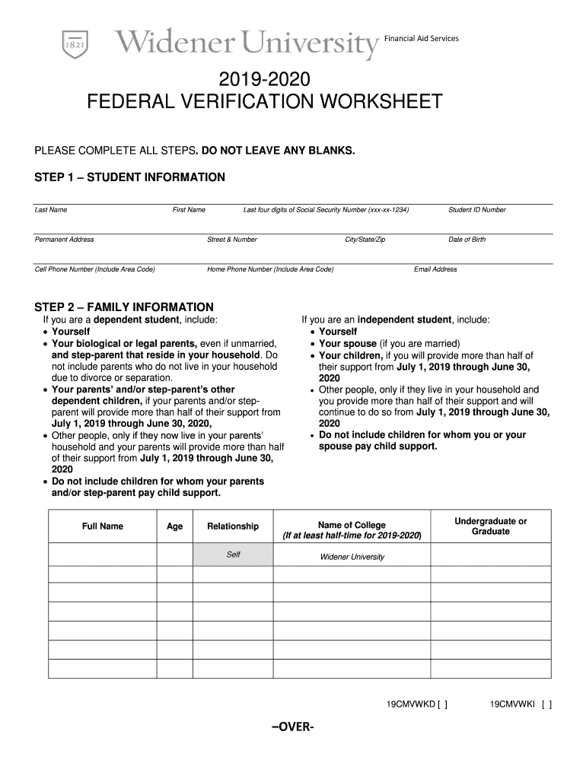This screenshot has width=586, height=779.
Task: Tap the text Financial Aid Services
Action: (421, 38)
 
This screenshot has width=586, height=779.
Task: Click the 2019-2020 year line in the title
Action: (264, 78)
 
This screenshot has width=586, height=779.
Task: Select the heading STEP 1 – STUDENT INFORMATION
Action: (130, 177)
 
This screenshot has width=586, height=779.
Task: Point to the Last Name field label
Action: (51, 210)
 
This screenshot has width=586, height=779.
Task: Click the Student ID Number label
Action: (477, 210)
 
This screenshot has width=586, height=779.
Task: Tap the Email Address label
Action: (435, 269)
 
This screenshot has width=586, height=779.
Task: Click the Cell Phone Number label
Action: (95, 269)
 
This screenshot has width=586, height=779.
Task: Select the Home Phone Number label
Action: (270, 269)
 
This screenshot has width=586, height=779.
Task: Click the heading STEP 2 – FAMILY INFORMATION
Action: (124, 307)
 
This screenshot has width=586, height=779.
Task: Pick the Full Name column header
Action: (102, 526)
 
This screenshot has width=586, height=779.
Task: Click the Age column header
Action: (174, 526)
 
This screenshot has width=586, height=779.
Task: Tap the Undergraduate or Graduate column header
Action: (490, 526)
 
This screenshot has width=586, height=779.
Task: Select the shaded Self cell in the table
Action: (233, 555)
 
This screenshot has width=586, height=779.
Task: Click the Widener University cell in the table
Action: (352, 557)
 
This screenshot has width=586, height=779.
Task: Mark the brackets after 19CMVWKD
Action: (442, 704)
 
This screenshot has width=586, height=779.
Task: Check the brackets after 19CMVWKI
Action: (546, 704)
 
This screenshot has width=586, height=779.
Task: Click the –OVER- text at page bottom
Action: (292, 727)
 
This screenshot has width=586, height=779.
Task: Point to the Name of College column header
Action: (352, 530)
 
